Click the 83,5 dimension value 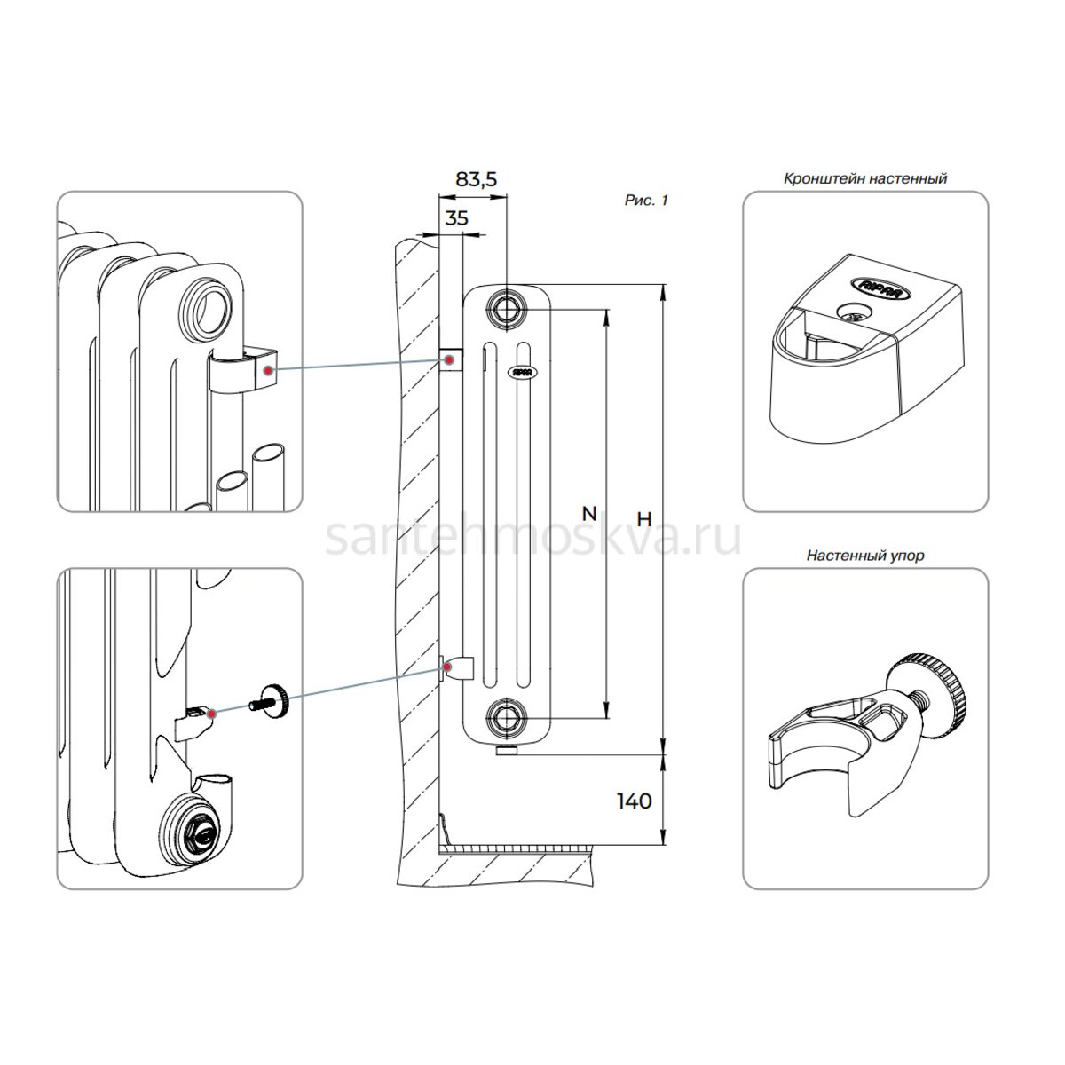click(x=476, y=179)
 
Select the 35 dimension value click(x=456, y=219)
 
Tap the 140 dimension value click(x=634, y=801)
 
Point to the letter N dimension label click(x=589, y=514)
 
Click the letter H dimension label click(x=644, y=519)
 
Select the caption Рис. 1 click(x=646, y=200)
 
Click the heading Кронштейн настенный click(x=865, y=179)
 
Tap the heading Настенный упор click(x=865, y=556)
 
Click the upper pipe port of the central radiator click(x=505, y=308)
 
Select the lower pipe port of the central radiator click(x=505, y=719)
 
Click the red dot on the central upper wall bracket click(x=449, y=360)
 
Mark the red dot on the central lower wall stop click(x=447, y=668)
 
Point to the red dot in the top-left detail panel click(x=268, y=371)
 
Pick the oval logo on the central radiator click(x=522, y=372)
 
